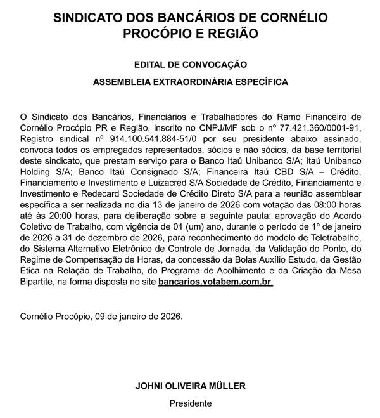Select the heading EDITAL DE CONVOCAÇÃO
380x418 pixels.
coord(190,65)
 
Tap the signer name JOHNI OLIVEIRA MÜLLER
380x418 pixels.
coord(190,386)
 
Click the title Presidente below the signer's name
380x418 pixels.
coord(190,403)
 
